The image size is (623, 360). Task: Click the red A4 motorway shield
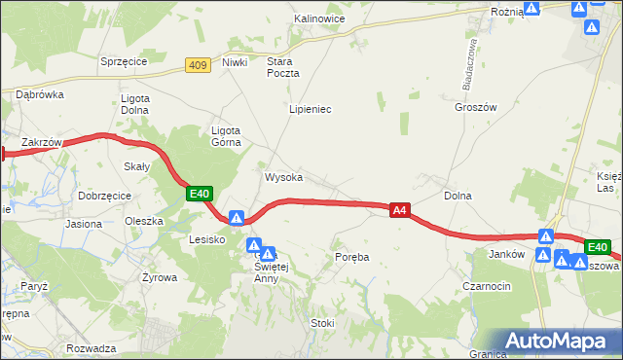pos(399,209)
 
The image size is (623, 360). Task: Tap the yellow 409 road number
pos(198,65)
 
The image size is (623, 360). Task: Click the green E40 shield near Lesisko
pos(200,195)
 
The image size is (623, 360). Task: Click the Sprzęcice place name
pos(124,61)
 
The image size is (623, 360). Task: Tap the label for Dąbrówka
pos(40,94)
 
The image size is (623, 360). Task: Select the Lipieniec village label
pos(311,109)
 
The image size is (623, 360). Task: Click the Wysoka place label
pos(283,178)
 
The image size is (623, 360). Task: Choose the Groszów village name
pos(475,108)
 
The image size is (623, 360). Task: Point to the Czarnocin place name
pos(515,286)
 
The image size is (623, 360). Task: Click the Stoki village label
pos(322,323)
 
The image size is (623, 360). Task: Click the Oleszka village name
pos(143,221)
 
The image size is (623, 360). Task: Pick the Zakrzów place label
pos(42,142)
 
